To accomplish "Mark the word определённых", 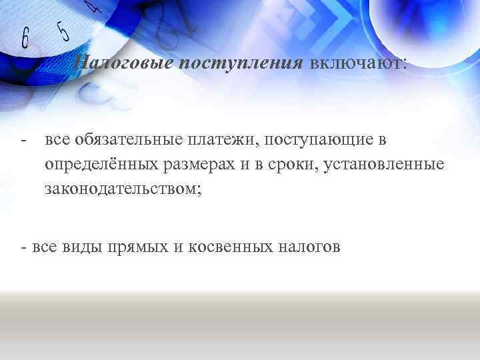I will coord(101,165).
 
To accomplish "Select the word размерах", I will coord(203,165).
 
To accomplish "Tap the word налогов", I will coord(314,247).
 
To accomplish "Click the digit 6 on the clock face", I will coord(25,38).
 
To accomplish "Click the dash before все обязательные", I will coord(24,141).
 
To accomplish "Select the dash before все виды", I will coord(24,248).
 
